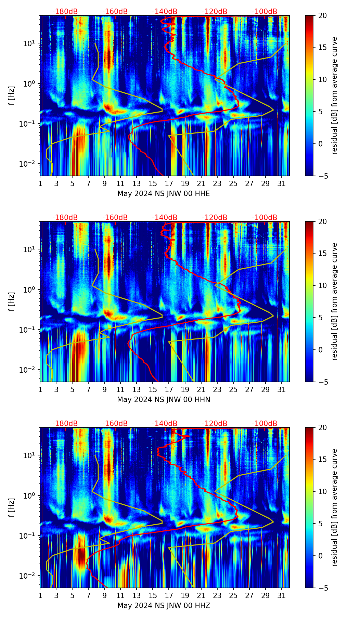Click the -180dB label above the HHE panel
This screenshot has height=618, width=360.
click(65, 12)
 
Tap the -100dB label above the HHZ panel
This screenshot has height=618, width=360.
click(265, 424)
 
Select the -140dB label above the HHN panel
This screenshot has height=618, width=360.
click(165, 218)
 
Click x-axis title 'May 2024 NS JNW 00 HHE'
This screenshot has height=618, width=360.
click(164, 194)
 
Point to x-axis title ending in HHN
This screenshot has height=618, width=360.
click(164, 400)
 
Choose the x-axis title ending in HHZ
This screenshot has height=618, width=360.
click(164, 606)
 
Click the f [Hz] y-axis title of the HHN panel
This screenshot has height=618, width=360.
click(12, 301)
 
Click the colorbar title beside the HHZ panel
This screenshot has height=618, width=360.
click(334, 507)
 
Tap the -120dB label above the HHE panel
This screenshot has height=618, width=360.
click(215, 12)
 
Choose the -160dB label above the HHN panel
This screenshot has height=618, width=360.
click(115, 218)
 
